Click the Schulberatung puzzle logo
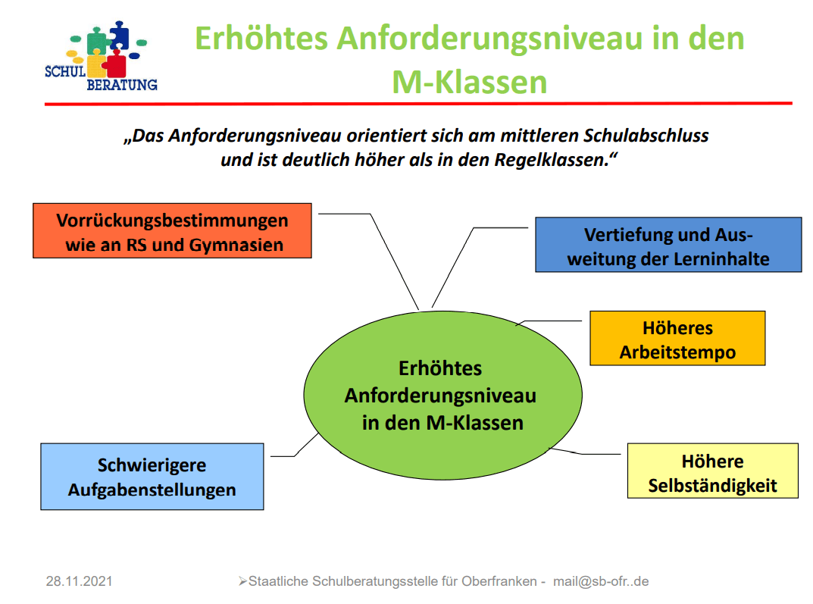click(x=101, y=56)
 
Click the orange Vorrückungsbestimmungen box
click(x=172, y=230)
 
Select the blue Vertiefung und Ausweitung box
click(x=668, y=245)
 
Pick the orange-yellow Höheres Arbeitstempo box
click(x=677, y=338)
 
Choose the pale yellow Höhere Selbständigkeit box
click(x=713, y=471)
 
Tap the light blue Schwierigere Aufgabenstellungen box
click(x=152, y=477)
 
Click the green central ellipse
click(x=442, y=395)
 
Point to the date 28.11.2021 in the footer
click(x=80, y=581)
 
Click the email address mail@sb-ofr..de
click(x=601, y=581)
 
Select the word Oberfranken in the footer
click(x=499, y=581)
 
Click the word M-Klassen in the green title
click(x=470, y=83)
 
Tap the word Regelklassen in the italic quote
click(x=552, y=160)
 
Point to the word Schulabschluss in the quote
click(x=646, y=136)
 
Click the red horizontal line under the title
click(x=418, y=104)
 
